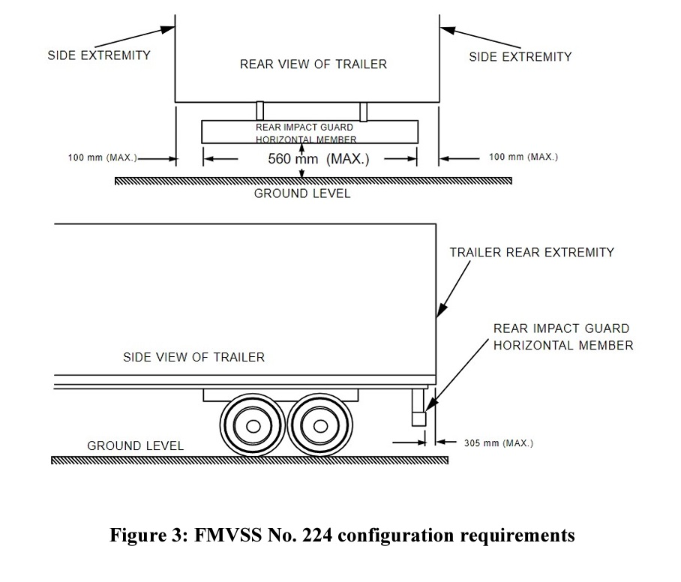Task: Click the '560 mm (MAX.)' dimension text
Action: pyautogui.click(x=319, y=159)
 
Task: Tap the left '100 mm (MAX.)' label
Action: pyautogui.click(x=102, y=157)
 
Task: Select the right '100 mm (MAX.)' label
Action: pyautogui.click(x=523, y=157)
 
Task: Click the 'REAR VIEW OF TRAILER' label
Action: pyautogui.click(x=313, y=64)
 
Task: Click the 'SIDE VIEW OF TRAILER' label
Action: pyautogui.click(x=193, y=357)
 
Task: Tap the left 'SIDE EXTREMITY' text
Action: pyautogui.click(x=99, y=55)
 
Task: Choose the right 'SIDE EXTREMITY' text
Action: pyautogui.click(x=520, y=57)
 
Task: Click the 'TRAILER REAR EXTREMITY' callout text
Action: pyautogui.click(x=531, y=253)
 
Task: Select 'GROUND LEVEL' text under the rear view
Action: pyautogui.click(x=301, y=193)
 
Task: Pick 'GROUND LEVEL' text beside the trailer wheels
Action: pyautogui.click(x=135, y=445)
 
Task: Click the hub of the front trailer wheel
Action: pyautogui.click(x=253, y=427)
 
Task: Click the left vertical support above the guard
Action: pyautogui.click(x=259, y=111)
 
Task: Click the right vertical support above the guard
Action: pyautogui.click(x=363, y=111)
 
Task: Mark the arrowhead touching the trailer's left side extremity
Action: pyautogui.click(x=170, y=29)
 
